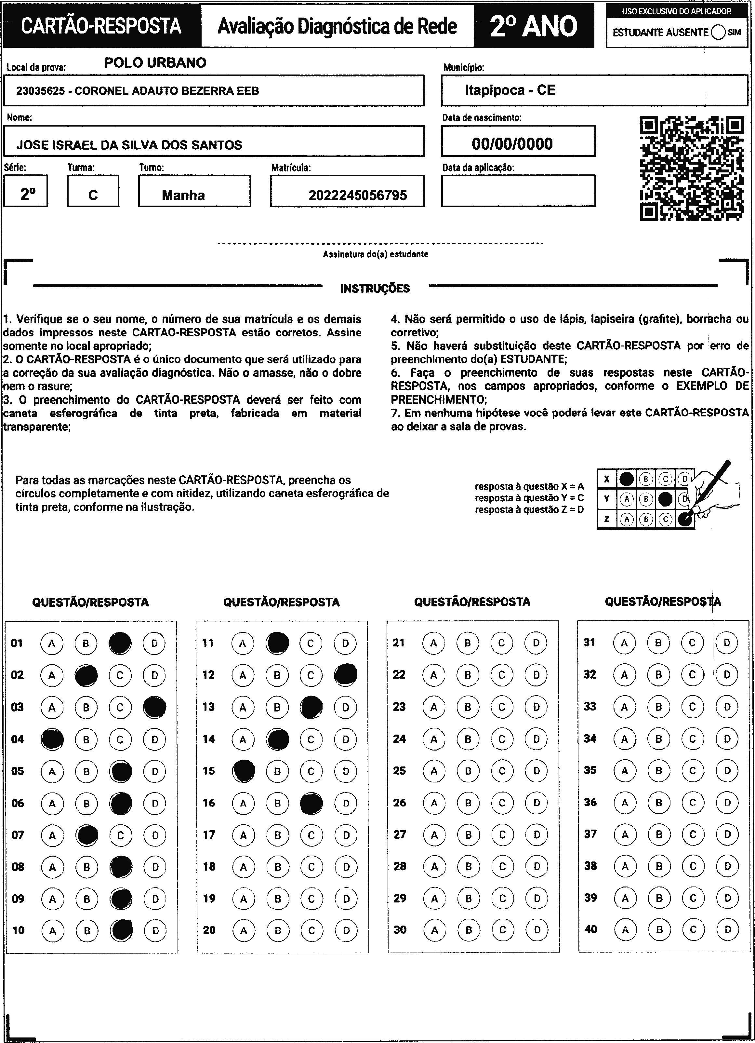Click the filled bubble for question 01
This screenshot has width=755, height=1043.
pos(120,643)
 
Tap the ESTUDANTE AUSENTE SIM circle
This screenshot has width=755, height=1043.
pos(718,32)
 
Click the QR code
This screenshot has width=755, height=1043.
pos(692,168)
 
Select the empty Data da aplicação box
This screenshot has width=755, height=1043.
pos(518,191)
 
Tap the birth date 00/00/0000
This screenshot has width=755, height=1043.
pos(512,144)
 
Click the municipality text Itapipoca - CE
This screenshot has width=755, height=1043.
pos(510,90)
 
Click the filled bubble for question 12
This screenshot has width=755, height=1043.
pos(346,675)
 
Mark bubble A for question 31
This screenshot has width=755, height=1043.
pos(624,643)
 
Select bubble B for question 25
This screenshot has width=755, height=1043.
pos(468,771)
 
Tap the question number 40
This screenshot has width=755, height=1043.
pos(590,929)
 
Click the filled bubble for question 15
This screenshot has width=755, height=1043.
pos(244,771)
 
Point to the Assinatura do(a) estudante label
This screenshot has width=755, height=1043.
pos(376,254)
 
